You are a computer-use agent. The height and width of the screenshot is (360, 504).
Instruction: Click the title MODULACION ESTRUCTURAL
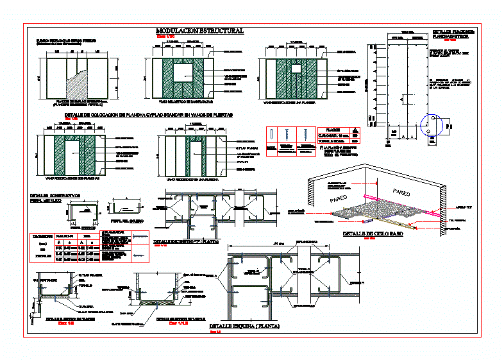[199, 31]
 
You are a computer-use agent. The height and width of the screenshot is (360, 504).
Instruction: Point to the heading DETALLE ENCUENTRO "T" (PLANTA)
[185, 242]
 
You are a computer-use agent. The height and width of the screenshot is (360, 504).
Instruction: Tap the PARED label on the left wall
[342, 200]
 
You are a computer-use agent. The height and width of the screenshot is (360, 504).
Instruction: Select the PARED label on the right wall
[403, 193]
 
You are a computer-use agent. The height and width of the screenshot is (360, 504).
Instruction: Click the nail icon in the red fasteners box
[273, 135]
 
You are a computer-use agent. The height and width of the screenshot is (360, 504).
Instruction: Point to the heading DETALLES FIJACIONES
[453, 31]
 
